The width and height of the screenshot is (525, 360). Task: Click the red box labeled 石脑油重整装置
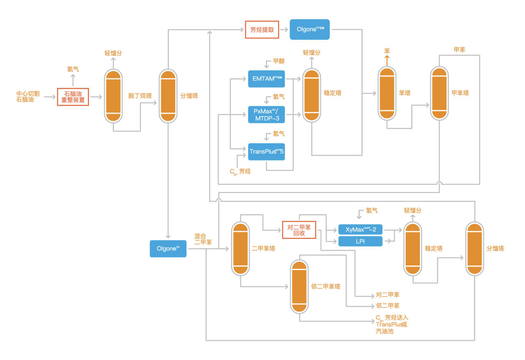[x=73, y=97]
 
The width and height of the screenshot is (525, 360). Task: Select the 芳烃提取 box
[x=262, y=30]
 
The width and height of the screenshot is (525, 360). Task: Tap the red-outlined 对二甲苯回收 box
[x=299, y=229]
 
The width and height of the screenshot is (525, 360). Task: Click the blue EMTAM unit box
[x=266, y=79]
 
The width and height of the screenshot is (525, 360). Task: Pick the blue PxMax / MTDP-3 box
[x=266, y=115]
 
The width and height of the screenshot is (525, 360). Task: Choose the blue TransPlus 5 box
[x=266, y=152]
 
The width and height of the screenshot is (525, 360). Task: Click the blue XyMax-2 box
[x=361, y=229]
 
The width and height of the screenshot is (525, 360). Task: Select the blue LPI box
[x=361, y=241]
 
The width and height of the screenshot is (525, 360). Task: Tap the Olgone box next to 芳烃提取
[x=310, y=30]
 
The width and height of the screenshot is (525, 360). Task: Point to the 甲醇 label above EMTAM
[x=279, y=61]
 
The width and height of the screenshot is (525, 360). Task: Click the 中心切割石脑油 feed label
[x=28, y=96]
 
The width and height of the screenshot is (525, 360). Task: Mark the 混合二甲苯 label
[x=203, y=239]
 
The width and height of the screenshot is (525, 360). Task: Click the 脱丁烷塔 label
[x=140, y=96]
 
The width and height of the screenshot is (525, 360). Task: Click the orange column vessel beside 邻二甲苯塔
[x=299, y=287]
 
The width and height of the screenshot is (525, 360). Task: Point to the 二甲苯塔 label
[x=263, y=248]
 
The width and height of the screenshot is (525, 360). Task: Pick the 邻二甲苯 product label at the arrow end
[x=388, y=306]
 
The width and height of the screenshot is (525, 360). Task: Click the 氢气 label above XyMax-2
[x=372, y=211]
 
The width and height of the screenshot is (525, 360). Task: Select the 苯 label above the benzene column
[x=387, y=51]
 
